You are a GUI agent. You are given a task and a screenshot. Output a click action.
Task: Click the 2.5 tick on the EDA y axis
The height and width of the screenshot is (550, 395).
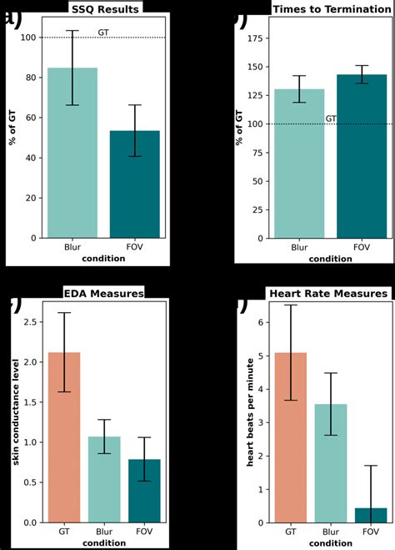(31, 322)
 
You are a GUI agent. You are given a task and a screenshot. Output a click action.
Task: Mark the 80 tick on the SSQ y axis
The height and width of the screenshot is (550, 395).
(32, 78)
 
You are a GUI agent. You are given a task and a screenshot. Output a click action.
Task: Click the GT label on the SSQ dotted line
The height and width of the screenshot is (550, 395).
(102, 33)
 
